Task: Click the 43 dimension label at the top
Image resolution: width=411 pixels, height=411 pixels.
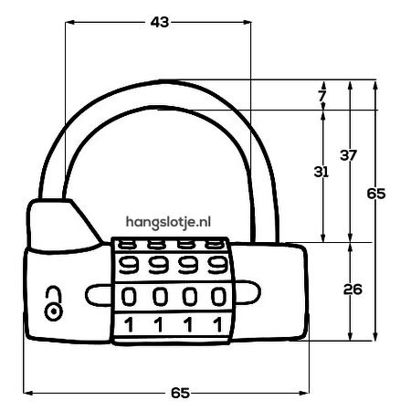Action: click(x=160, y=22)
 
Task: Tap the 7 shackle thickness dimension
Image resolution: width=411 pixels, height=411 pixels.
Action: click(x=321, y=96)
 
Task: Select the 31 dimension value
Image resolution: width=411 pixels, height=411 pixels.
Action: click(x=321, y=172)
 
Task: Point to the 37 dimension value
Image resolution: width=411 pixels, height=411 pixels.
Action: click(x=348, y=155)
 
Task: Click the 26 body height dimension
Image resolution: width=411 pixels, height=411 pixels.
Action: click(x=353, y=290)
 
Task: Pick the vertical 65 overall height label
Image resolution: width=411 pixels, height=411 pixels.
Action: click(x=376, y=194)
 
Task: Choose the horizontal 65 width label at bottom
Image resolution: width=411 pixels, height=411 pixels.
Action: click(x=181, y=393)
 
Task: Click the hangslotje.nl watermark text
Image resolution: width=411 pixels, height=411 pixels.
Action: click(x=168, y=222)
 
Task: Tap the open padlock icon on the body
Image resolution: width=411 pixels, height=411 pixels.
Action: click(x=54, y=303)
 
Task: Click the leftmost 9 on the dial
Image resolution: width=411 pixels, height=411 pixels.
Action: click(x=129, y=265)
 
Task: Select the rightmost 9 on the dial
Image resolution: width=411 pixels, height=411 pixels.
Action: click(x=217, y=265)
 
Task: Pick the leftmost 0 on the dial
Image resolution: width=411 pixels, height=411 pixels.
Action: click(x=129, y=297)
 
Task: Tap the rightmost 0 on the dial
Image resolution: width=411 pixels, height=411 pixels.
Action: click(x=219, y=297)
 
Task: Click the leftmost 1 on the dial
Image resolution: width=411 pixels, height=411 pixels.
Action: click(x=130, y=324)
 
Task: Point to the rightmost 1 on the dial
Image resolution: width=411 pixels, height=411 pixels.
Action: click(x=218, y=324)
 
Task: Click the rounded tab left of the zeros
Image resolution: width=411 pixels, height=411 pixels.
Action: click(x=98, y=295)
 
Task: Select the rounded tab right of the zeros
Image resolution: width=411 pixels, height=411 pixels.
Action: click(x=248, y=292)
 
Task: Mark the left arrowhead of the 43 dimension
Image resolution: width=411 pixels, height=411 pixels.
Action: click(x=70, y=22)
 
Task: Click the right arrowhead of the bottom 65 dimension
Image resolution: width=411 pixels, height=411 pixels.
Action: click(x=304, y=393)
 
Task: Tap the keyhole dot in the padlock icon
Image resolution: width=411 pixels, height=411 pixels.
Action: click(x=54, y=311)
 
